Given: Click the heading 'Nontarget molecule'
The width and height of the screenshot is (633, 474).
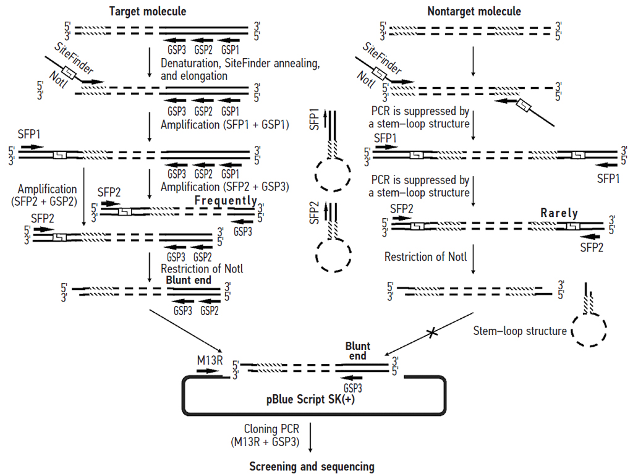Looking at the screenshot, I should tap(474, 11).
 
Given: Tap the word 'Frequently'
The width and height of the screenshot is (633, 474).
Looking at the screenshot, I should tap(226, 201).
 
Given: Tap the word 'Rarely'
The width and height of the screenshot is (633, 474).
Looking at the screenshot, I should tap(559, 213).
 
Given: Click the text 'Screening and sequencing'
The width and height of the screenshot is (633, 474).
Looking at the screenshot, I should tap(312, 466).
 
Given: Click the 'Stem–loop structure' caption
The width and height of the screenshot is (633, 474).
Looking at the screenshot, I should tap(519, 331).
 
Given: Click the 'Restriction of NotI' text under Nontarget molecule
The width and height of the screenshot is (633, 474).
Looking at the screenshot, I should tap(426, 256).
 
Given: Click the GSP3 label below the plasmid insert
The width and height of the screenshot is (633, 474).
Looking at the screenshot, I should tap(353, 388).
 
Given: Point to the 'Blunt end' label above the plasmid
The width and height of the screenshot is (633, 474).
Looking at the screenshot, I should tap(357, 351).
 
